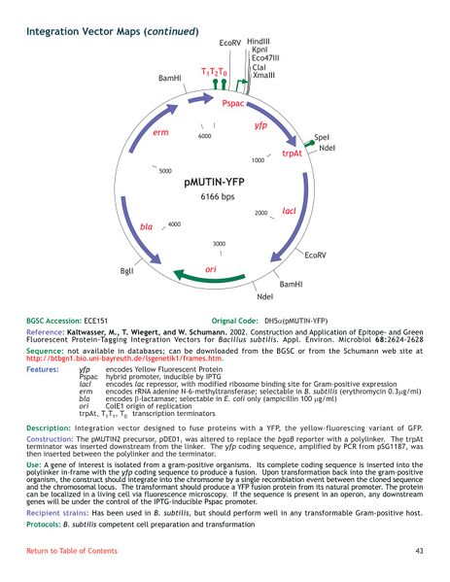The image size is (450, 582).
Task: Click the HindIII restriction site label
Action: tap(259, 42)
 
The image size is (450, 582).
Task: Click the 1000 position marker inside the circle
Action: tap(259, 159)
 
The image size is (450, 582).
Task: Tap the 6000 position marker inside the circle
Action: tap(204, 137)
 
